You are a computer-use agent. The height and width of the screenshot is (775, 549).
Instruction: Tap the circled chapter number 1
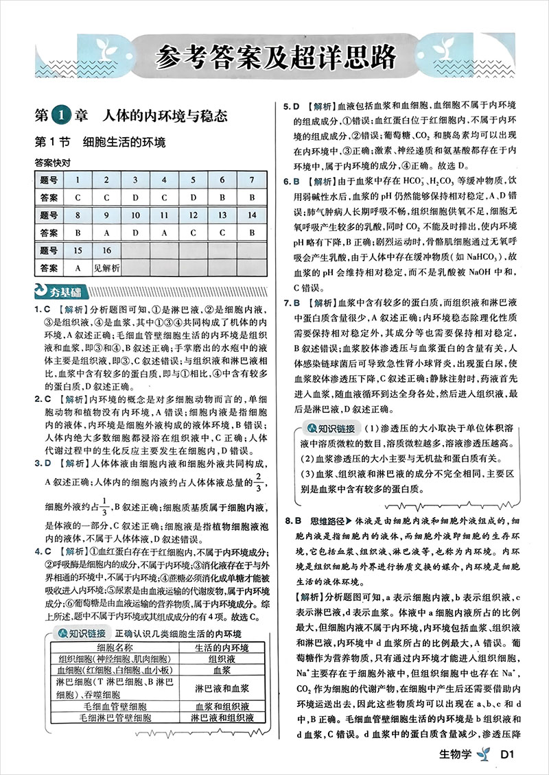[61, 115]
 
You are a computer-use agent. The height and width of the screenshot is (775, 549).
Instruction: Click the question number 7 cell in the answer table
[252, 180]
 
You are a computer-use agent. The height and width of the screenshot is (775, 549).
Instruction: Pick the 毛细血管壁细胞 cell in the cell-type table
[115, 706]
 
